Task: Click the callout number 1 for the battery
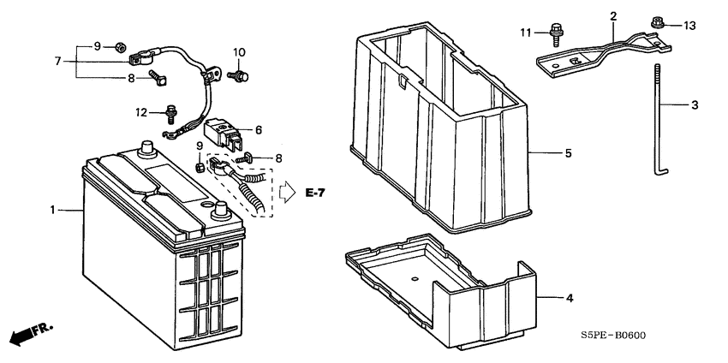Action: click(53, 211)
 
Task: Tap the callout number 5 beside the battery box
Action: click(568, 153)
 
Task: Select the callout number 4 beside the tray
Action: click(570, 298)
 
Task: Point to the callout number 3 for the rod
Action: click(694, 105)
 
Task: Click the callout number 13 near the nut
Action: click(689, 26)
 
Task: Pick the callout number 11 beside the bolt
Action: click(525, 33)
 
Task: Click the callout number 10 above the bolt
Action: click(239, 52)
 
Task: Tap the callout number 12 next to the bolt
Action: click(141, 112)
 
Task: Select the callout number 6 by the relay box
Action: click(258, 130)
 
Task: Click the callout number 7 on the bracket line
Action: click(57, 61)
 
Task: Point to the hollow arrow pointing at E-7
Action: click(287, 193)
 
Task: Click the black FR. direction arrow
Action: click(31, 334)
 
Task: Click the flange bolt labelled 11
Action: click(555, 34)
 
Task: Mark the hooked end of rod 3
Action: click(662, 173)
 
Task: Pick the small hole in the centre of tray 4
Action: click(415, 279)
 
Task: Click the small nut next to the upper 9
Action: click(119, 46)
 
